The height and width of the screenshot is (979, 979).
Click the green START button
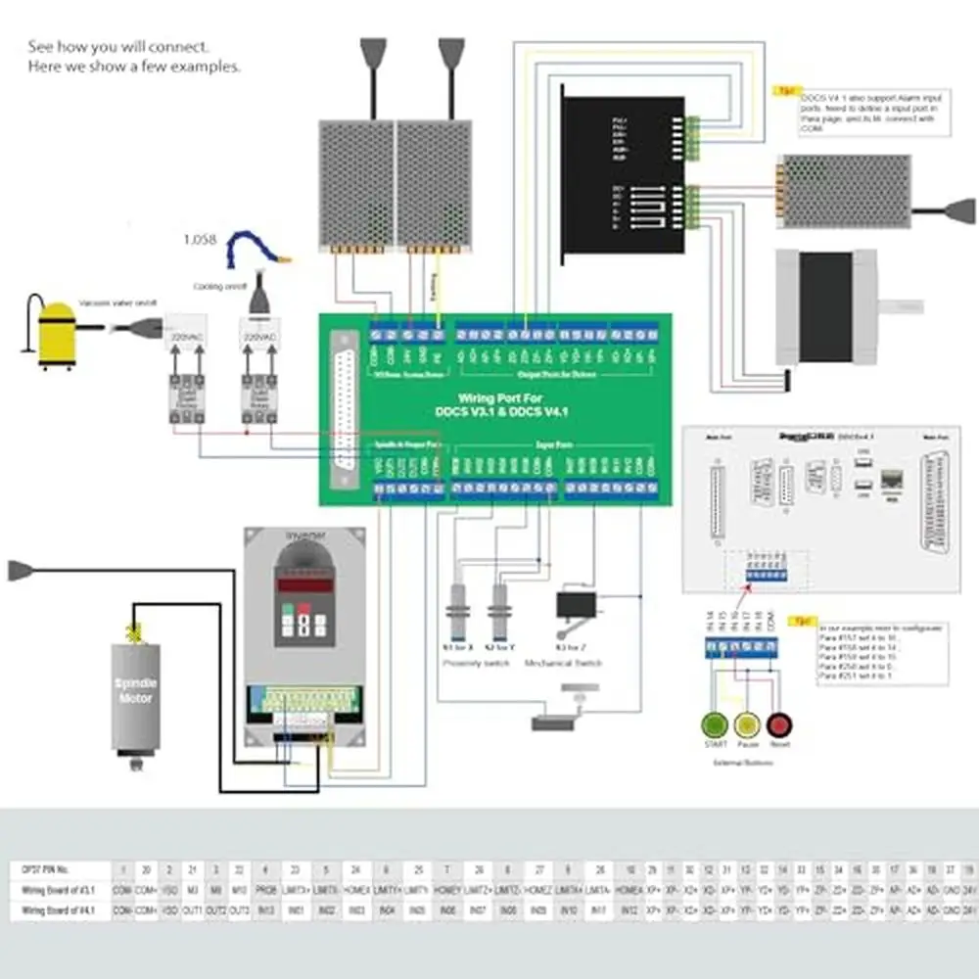713,725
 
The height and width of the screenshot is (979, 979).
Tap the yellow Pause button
747,725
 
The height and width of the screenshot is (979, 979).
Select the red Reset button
780,725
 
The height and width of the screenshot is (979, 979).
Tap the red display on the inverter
303,584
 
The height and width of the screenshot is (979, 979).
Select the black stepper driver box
621,174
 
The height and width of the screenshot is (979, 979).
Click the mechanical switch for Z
576,606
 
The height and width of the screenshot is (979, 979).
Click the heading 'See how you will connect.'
117,46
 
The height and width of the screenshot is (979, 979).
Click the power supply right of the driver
845,192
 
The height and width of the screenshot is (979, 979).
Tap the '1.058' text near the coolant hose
201,241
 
